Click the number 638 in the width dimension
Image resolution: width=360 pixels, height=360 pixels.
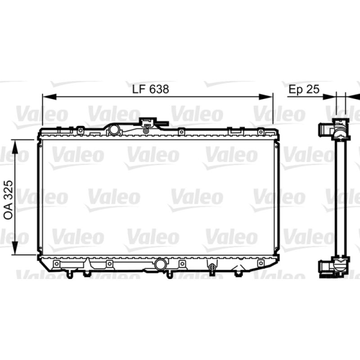[x=159, y=89]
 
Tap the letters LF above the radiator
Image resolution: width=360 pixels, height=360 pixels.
[x=139, y=89]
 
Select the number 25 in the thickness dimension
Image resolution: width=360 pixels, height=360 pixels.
[x=313, y=89]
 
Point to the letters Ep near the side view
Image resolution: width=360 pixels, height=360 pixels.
[x=296, y=90]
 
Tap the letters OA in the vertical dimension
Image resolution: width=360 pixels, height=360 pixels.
[x=9, y=211]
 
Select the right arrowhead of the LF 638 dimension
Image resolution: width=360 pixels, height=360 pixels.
[x=266, y=97]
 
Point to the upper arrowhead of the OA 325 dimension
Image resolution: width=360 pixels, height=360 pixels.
[x=15, y=147]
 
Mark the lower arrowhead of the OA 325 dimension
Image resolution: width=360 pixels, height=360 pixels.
[x=15, y=247]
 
